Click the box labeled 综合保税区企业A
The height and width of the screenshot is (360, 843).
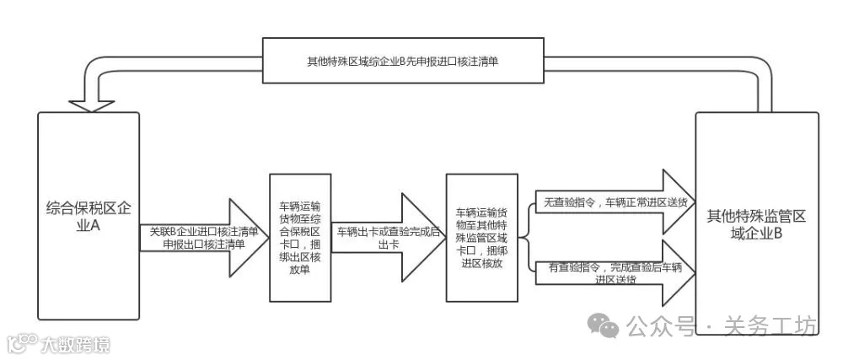[x=89, y=253]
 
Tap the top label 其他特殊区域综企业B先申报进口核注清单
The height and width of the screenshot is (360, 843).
[x=400, y=62]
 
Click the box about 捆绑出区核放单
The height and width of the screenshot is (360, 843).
[x=299, y=237]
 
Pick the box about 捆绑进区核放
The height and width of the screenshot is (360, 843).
[x=481, y=235]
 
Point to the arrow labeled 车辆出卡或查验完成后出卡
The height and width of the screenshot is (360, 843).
[x=388, y=235]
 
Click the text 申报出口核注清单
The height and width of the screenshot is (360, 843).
[x=202, y=244]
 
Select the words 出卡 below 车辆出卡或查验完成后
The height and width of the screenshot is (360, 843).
[x=389, y=244]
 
